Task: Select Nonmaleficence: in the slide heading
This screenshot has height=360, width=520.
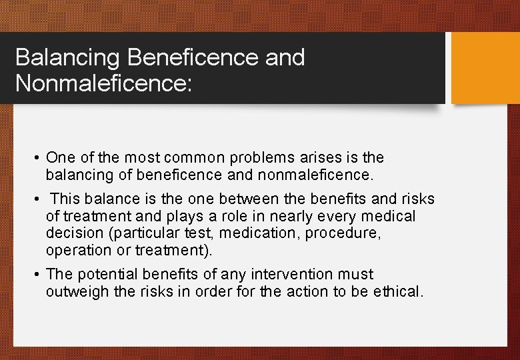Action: (x=103, y=84)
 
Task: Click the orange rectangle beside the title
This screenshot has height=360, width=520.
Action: (x=485, y=68)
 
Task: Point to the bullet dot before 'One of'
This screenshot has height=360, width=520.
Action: (x=39, y=159)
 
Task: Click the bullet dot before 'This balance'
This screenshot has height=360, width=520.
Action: (x=39, y=199)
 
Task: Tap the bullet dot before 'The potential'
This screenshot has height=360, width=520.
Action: (x=39, y=275)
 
